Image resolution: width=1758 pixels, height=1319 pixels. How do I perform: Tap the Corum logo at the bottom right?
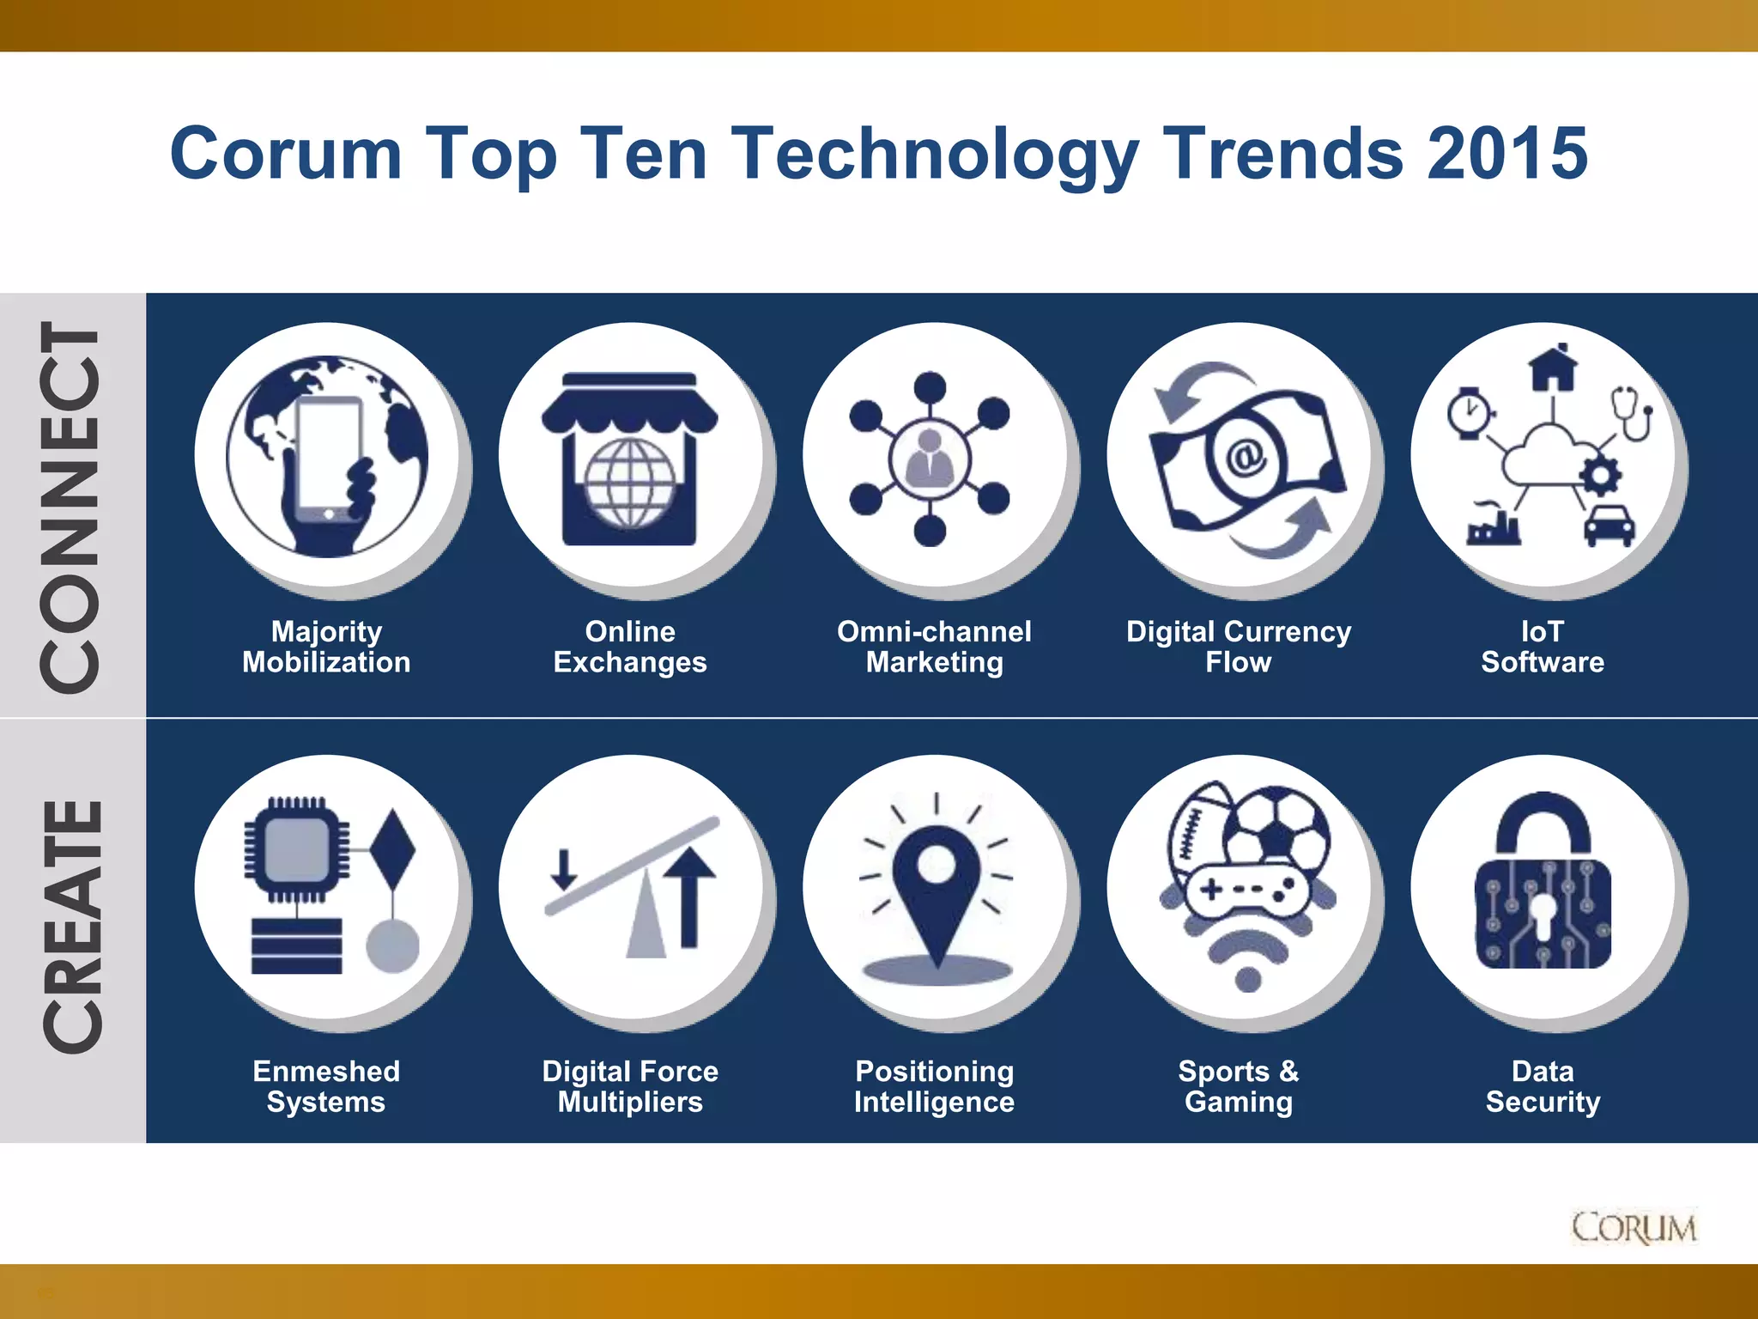coord(1634,1228)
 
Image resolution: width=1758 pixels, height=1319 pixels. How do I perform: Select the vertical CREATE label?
coord(73,927)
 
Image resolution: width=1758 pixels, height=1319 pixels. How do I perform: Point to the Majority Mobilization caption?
coord(326,647)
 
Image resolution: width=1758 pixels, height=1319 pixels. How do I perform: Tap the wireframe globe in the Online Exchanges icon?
coord(630,483)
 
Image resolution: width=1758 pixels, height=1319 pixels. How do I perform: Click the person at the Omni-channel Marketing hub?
coord(930,457)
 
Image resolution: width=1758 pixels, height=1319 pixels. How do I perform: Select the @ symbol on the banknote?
coord(1245,455)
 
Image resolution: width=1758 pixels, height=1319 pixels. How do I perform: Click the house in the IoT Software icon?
coord(1552,368)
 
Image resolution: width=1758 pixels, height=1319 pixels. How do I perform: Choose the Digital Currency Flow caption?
coord(1238,647)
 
